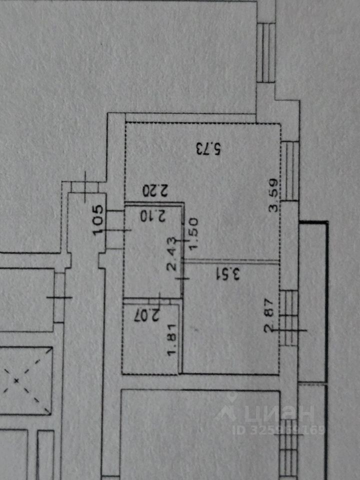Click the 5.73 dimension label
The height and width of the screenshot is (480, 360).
(208, 148)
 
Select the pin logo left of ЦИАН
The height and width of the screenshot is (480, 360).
(229, 407)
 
